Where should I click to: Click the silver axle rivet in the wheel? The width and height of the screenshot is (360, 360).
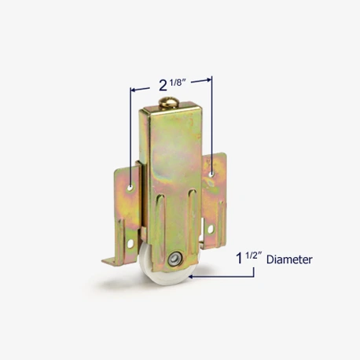pyautogui.click(x=174, y=259)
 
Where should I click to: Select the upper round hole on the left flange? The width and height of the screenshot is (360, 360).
pyautogui.click(x=130, y=188)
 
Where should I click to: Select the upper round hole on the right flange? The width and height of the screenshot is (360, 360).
pyautogui.click(x=211, y=174)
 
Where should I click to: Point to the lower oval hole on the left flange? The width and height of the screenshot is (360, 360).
pyautogui.click(x=130, y=244)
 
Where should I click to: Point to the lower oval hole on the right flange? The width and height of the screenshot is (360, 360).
pyautogui.click(x=211, y=230)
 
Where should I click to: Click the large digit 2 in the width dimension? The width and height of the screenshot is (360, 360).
pyautogui.click(x=163, y=86)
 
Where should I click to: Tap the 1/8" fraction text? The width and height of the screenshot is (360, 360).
pyautogui.click(x=178, y=83)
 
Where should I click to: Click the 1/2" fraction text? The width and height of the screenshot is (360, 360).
pyautogui.click(x=254, y=255)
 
